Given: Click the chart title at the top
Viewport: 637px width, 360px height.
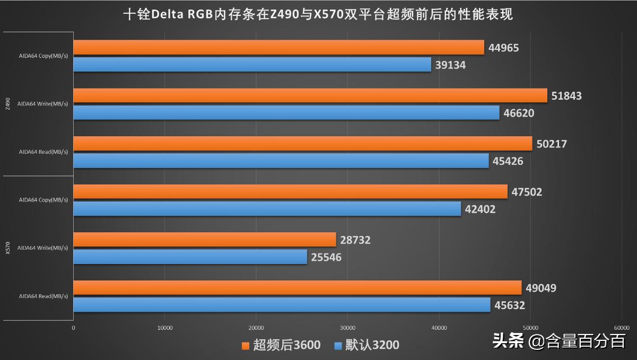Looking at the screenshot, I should (318, 14).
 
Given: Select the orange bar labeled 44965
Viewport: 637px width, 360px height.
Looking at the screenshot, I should (278, 48).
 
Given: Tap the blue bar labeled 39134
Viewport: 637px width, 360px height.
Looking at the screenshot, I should (252, 65).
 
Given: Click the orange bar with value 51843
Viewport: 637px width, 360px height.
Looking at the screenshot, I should (310, 95).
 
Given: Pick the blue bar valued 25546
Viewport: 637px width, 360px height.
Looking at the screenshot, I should (190, 257).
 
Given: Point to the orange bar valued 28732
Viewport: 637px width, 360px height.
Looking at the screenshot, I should (205, 240).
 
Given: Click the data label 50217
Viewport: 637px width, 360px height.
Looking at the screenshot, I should (552, 144).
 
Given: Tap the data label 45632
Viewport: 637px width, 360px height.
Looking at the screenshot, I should (510, 305).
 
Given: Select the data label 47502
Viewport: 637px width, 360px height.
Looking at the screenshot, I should (527, 192).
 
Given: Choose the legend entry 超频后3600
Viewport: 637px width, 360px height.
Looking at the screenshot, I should (281, 345).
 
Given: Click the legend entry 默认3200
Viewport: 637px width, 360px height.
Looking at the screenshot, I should (367, 345).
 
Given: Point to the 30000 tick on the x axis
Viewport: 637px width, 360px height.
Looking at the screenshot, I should (347, 328).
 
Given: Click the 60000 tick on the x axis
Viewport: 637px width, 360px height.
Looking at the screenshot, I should (621, 328).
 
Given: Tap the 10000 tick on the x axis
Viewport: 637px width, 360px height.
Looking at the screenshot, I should (165, 328).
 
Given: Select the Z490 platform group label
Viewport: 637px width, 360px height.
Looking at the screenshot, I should (7, 104).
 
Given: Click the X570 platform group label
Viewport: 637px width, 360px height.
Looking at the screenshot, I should (7, 248).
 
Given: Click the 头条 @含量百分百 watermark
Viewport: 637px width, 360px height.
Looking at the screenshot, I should (560, 341).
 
